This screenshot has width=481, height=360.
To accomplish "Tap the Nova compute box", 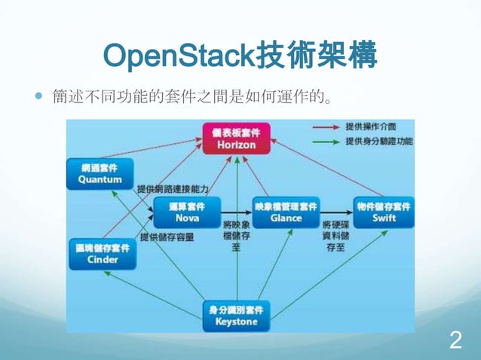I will coord(187,212).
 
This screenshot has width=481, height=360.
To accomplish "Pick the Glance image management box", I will coord(286,212).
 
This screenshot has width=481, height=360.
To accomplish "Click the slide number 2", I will coord(455,340).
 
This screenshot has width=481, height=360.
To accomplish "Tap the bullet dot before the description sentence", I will coord(39,97).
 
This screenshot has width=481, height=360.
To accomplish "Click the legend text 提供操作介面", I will coord(370,127).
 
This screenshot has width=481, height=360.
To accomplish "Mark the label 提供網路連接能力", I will coord(172,188).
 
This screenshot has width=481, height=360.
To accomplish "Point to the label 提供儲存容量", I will coord(167,236).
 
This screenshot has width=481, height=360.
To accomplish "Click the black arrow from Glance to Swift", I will coord(336,212).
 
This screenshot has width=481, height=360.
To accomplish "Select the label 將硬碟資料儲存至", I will coord(336,236).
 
